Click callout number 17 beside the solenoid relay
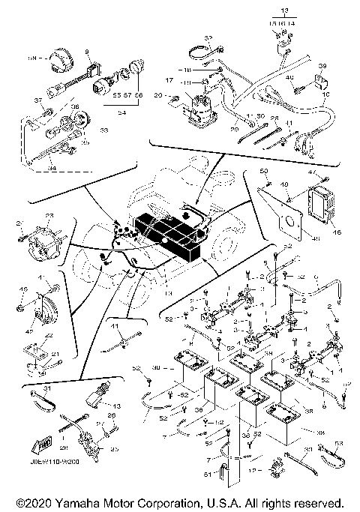(168, 80)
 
